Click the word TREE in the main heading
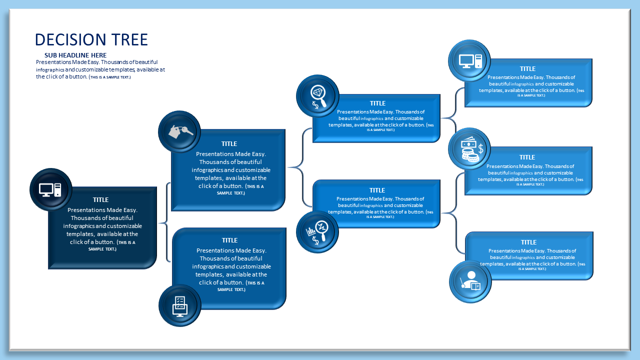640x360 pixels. pyautogui.click(x=129, y=40)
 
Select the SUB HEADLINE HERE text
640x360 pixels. pyautogui.click(x=75, y=55)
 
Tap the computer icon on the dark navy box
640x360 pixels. pyautogui.click(x=50, y=189)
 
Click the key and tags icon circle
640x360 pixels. pyautogui.click(x=179, y=131)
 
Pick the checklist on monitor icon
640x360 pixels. pyautogui.click(x=179, y=305)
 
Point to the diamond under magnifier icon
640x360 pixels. pyautogui.click(x=317, y=95)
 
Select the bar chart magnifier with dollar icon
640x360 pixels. pyautogui.click(x=317, y=232)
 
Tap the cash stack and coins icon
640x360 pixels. pyautogui.click(x=469, y=149)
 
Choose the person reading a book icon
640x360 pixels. pyautogui.click(x=470, y=281)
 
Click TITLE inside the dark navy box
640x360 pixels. pyautogui.click(x=100, y=200)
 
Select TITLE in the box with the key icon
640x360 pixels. pyautogui.click(x=229, y=144)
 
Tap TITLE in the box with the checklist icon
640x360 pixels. pyautogui.click(x=229, y=240)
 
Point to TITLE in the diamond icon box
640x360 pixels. pyautogui.click(x=377, y=103)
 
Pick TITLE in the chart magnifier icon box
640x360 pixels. pyautogui.click(x=377, y=190)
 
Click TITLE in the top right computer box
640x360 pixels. pyautogui.click(x=527, y=69)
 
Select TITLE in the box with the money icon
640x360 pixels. pyautogui.click(x=527, y=157)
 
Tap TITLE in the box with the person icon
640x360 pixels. pyautogui.click(x=528, y=242)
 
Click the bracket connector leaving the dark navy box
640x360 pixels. pyautogui.click(x=164, y=222)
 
